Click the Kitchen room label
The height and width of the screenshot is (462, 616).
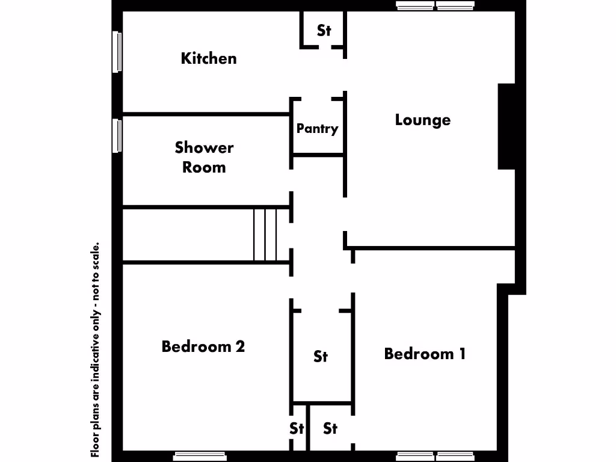209,58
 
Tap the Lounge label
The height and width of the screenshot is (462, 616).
422,120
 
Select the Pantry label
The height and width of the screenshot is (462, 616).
317,128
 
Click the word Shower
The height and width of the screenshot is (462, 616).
204,147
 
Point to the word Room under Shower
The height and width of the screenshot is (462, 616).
204,167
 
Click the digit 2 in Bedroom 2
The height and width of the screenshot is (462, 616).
239,346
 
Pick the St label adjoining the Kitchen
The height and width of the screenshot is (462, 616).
324,30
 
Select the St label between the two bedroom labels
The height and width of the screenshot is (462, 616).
321,357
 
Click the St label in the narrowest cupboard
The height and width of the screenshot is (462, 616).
297,428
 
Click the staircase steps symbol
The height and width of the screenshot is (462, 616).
265,235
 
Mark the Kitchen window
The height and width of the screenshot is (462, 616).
117,52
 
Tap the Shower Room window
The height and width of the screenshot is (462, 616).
117,135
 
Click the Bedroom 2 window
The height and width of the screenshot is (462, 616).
200,457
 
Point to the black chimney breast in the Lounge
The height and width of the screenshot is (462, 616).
507,126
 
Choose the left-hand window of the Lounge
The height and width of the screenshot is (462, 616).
415,6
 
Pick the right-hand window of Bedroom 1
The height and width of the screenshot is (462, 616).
455,457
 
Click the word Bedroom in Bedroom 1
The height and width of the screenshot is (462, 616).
419,353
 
